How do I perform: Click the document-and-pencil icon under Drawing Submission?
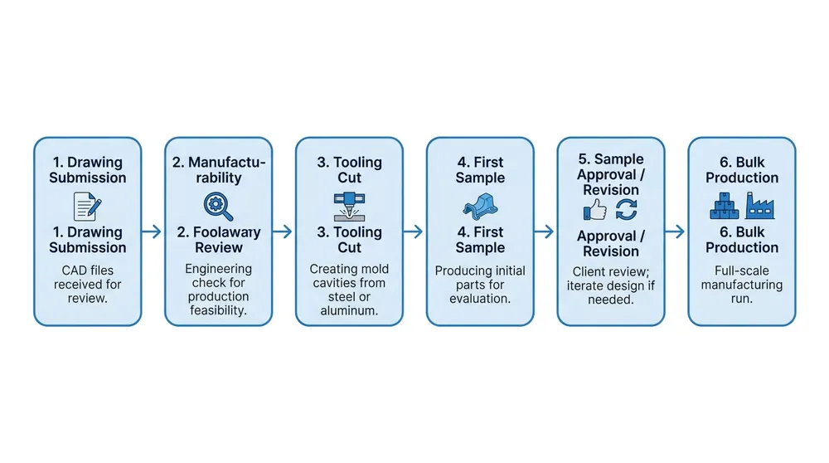87,205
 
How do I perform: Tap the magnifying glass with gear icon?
218,205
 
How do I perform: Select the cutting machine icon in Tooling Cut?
349,205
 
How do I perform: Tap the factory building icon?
759,204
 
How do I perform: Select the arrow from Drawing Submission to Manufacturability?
153,231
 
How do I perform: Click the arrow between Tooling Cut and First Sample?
414,231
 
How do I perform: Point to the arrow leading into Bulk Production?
676,231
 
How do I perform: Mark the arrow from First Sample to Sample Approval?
545,231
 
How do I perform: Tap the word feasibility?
218,310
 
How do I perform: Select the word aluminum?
349,310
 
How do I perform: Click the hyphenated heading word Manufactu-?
229,163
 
